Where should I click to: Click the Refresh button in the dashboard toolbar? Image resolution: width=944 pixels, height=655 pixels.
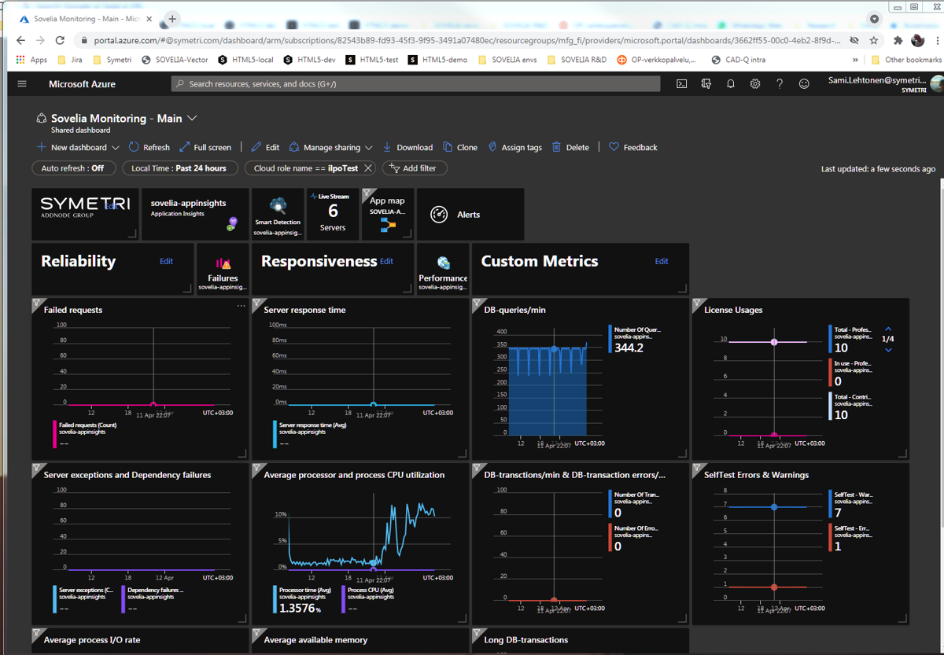point(149,147)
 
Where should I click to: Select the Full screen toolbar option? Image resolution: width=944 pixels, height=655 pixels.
point(205,147)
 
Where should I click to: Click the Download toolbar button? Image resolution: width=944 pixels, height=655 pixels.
point(407,147)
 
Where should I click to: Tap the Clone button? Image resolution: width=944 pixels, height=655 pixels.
point(460,147)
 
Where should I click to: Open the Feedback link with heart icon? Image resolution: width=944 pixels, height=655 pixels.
point(633,147)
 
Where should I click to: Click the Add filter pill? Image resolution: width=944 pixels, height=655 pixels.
point(414,168)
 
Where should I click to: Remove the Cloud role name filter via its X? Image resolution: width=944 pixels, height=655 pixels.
point(368,168)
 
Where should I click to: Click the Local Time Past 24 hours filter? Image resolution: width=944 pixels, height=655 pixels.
point(179,168)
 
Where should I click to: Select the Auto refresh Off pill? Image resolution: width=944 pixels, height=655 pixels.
point(73,168)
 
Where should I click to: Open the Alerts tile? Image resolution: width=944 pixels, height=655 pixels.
point(468,215)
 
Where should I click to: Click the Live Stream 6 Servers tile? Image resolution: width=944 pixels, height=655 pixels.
point(333,213)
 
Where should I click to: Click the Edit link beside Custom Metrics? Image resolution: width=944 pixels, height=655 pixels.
point(662,261)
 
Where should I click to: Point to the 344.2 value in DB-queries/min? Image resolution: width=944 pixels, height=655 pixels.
point(629,348)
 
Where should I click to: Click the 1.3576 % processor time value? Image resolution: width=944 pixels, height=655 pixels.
point(297,608)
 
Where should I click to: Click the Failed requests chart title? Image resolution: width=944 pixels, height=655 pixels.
point(73,310)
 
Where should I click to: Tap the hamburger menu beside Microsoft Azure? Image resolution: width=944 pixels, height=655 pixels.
point(22,84)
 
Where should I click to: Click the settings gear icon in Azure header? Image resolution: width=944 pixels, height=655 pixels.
point(755,84)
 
